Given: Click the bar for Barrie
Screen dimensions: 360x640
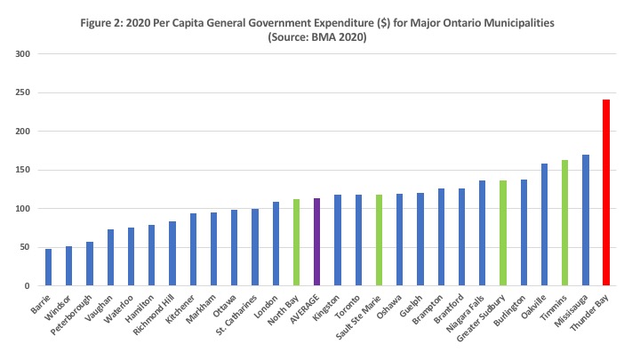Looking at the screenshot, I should coord(48,268).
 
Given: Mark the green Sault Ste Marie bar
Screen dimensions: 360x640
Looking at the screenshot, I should coord(380,240).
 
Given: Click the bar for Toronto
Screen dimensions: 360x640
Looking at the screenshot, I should coord(358,240).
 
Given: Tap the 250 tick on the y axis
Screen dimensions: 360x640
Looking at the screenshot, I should coord(21,93).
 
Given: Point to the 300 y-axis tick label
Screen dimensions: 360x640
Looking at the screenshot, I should coord(21,54).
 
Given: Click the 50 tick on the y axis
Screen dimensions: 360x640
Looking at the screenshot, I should coord(24,247).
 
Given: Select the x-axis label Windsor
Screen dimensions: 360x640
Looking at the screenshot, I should coord(60,307).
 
